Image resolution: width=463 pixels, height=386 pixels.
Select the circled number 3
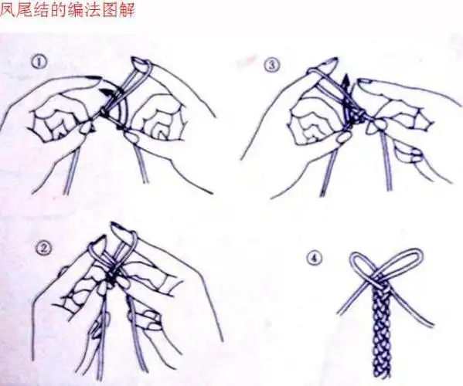coord(271,66)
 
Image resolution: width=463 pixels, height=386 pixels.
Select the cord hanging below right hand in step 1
coord(141,166)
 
